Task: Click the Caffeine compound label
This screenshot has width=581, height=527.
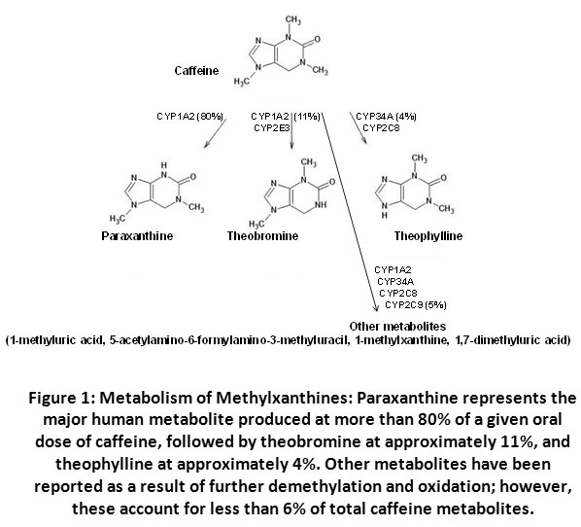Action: [196, 70]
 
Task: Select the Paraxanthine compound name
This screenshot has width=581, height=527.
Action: [137, 236]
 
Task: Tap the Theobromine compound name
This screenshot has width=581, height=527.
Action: [262, 236]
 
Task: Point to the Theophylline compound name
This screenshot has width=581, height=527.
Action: [427, 236]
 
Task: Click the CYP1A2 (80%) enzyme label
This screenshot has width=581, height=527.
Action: [190, 117]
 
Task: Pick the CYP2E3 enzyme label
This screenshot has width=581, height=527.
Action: [272, 128]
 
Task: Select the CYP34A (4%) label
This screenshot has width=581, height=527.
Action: [386, 117]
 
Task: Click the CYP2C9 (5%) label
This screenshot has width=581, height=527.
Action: [416, 305]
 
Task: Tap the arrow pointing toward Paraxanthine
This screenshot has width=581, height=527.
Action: [215, 133]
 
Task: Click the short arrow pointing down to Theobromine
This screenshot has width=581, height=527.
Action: [291, 129]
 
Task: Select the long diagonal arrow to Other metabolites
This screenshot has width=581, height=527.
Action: [350, 211]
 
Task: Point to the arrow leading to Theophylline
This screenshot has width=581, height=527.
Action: [359, 128]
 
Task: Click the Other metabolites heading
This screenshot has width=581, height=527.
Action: [397, 327]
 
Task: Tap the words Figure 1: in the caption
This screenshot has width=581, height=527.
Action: [61, 398]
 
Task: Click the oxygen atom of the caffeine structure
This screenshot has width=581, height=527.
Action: [318, 40]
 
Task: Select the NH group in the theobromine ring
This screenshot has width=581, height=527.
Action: [322, 205]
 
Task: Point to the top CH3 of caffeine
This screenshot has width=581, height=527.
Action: [293, 19]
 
